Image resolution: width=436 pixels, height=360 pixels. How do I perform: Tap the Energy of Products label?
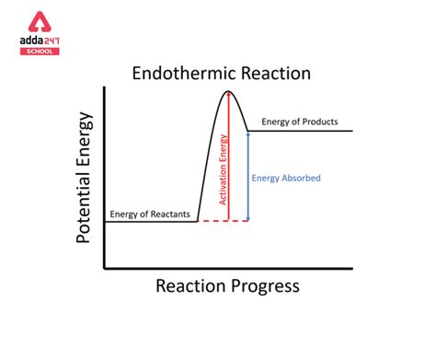pyautogui.click(x=300, y=122)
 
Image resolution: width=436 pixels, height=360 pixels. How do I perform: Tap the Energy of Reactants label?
pyautogui.click(x=150, y=215)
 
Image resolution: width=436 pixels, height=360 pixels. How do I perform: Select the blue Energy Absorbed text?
pyautogui.click(x=286, y=178)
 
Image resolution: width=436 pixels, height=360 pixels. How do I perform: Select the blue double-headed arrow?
pyautogui.click(x=249, y=175)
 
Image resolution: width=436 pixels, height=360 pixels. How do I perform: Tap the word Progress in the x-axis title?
pyautogui.click(x=266, y=286)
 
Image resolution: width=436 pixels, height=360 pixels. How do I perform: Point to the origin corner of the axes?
pyautogui.click(x=105, y=268)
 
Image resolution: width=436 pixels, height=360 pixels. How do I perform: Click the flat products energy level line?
pyautogui.click(x=304, y=130)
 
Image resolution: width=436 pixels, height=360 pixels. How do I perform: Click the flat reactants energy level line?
pyautogui.click(x=152, y=221)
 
